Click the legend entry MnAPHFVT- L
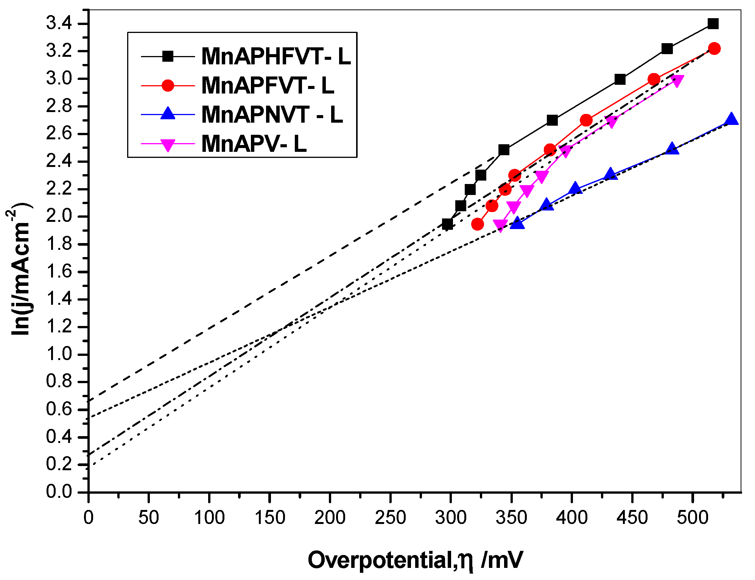point(276,57)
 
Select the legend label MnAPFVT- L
point(268,86)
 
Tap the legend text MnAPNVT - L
point(272,114)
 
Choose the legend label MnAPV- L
point(254,144)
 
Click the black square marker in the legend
point(168,57)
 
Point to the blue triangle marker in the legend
point(168,114)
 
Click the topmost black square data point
point(713,24)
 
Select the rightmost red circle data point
point(714,48)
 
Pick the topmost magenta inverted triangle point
point(677,80)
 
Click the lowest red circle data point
point(478,224)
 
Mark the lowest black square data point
point(447,224)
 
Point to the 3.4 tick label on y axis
point(59,24)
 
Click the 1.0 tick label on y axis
point(59,354)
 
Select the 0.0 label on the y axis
point(59,492)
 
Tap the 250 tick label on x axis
point(390,518)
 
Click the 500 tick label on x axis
point(692,518)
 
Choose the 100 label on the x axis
point(209,518)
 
